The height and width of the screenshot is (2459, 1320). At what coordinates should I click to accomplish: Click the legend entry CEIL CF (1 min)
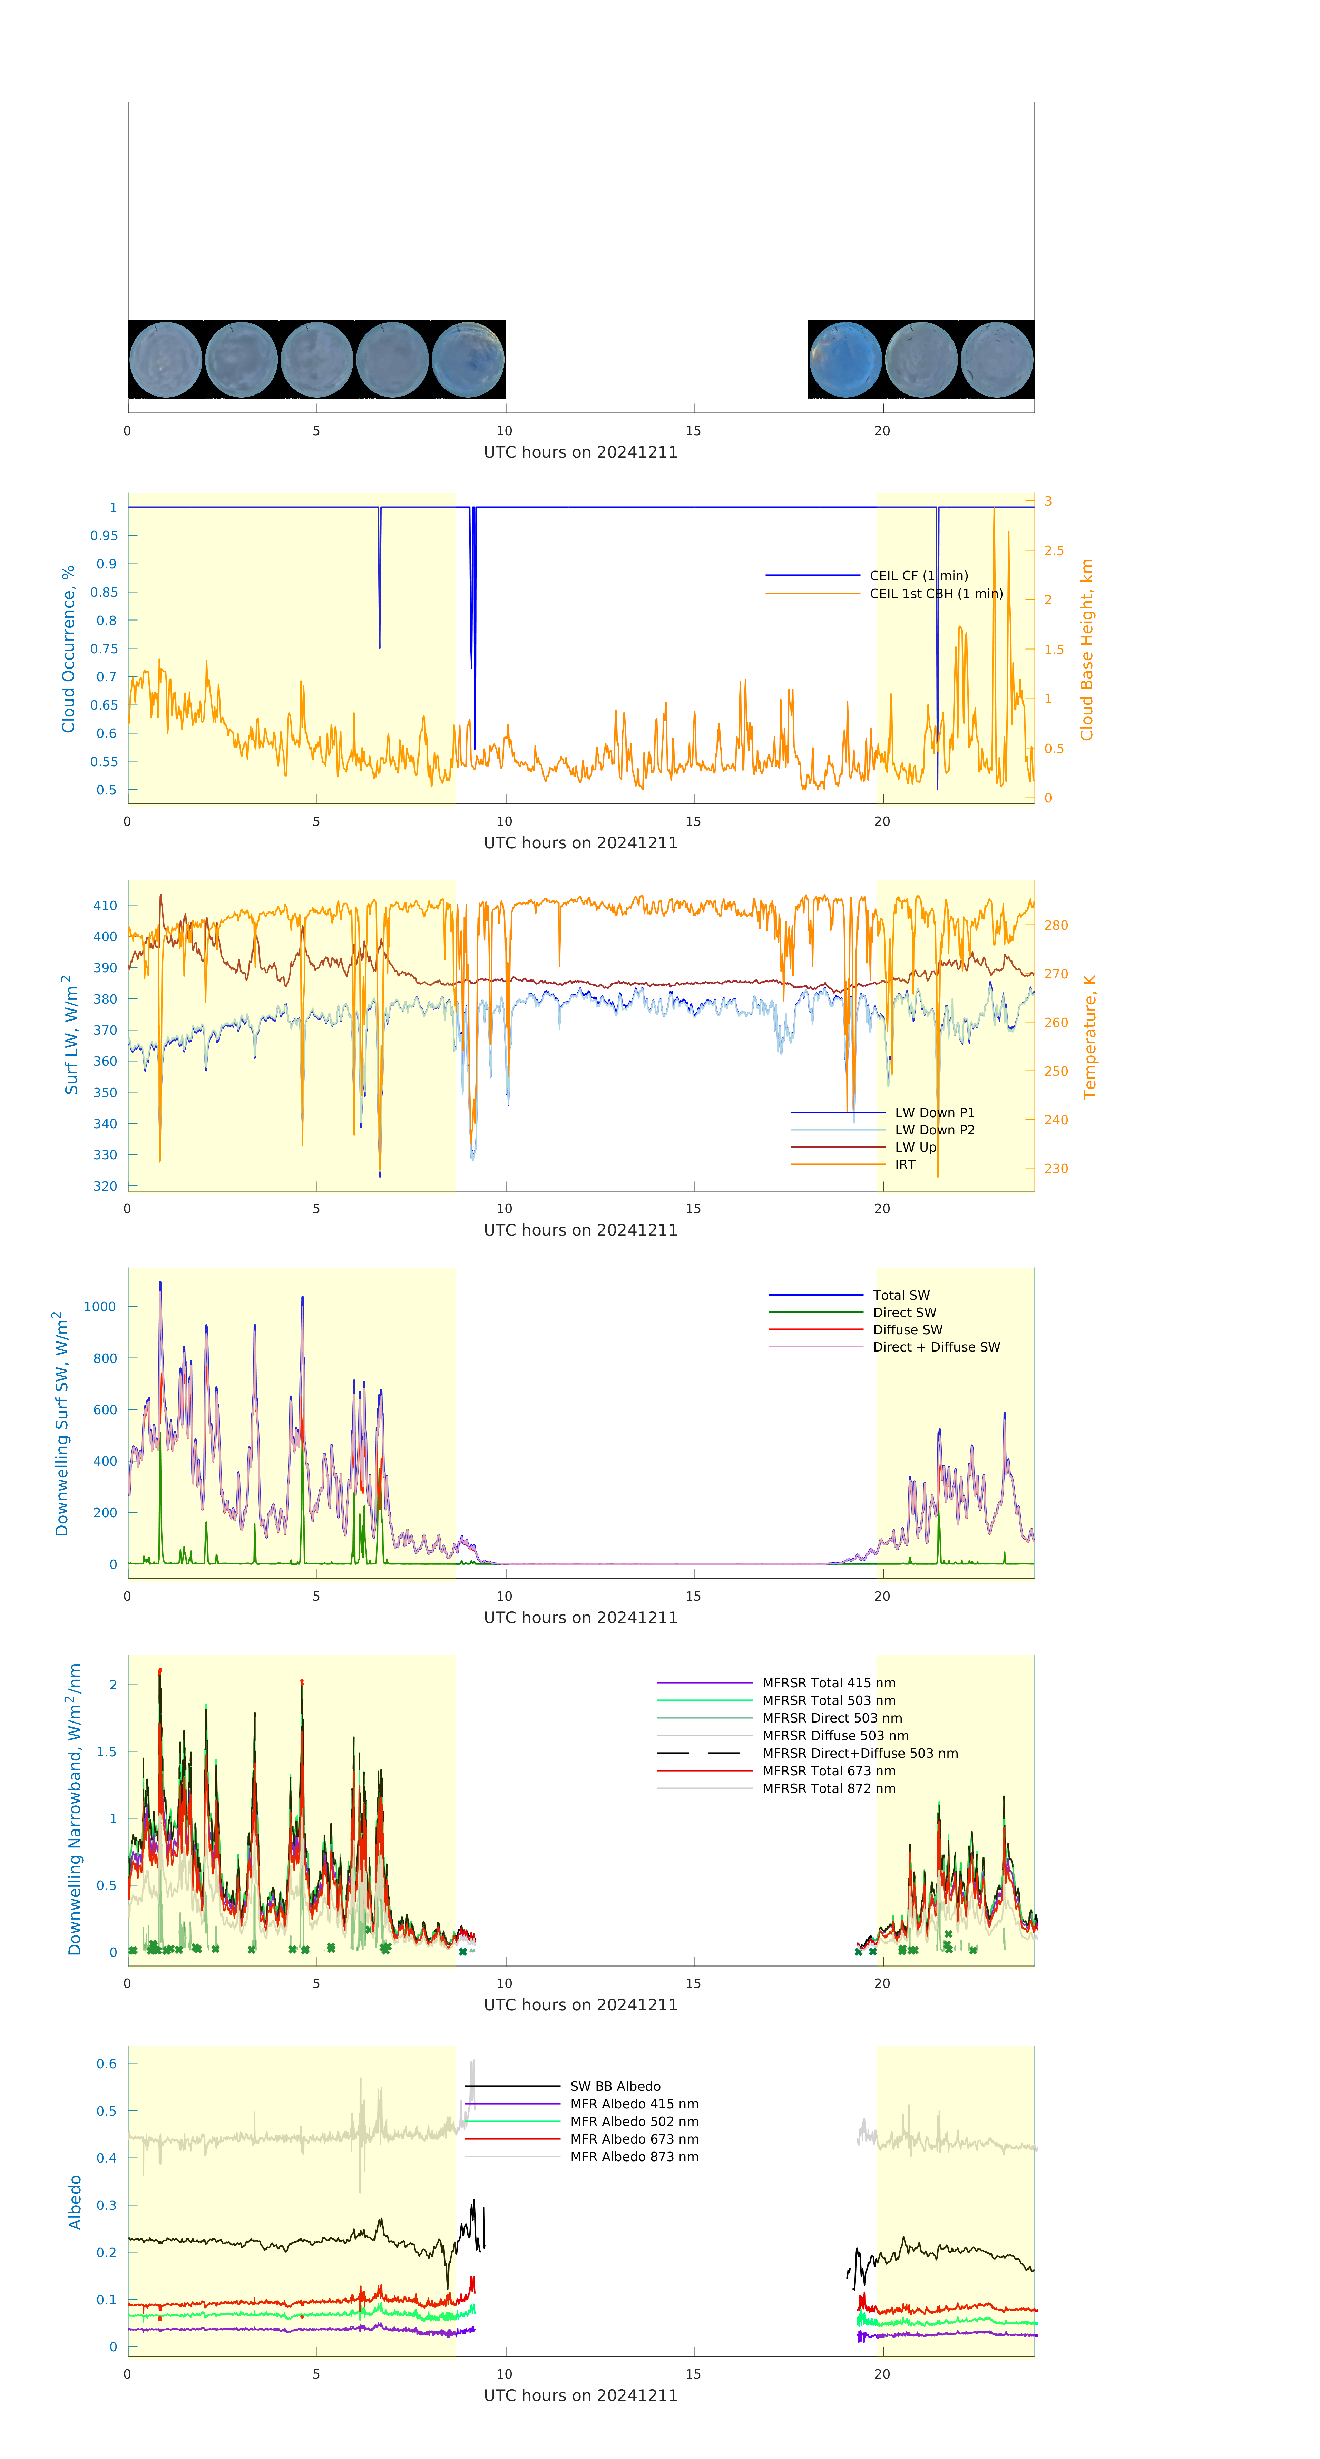tap(918, 576)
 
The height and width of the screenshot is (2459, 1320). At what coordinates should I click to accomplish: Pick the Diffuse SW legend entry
tap(907, 1330)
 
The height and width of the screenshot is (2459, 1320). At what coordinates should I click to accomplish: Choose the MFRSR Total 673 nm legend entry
tap(829, 1771)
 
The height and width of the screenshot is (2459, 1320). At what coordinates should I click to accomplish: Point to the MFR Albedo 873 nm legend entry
tap(634, 2156)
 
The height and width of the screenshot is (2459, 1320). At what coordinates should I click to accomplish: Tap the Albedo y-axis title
tap(75, 2202)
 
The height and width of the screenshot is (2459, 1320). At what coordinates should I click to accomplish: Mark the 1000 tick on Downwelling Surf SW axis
tap(100, 1307)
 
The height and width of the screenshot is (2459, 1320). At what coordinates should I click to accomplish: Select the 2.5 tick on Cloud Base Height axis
tap(1054, 551)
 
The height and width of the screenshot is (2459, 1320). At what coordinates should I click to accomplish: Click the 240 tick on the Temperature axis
tap(1056, 1120)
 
